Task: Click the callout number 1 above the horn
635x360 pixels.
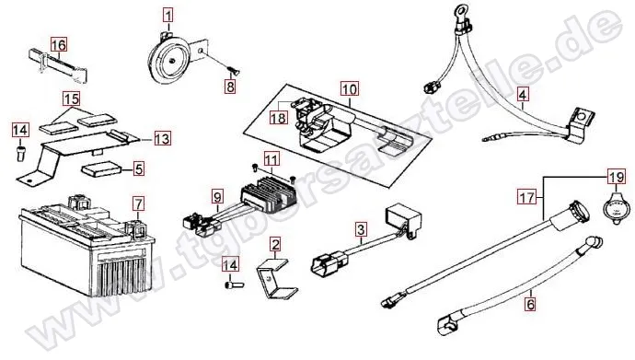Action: [168, 17]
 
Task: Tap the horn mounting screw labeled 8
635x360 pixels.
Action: [233, 72]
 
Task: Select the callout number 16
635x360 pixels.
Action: [58, 44]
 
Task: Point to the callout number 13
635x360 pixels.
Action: [162, 138]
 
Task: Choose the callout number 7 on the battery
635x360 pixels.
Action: [138, 203]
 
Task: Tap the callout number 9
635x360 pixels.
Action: [217, 197]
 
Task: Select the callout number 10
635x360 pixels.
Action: [350, 88]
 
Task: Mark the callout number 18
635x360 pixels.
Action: [279, 118]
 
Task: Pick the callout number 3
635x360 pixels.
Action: [361, 229]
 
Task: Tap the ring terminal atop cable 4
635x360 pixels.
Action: [461, 9]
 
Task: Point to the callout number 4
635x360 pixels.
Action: [523, 95]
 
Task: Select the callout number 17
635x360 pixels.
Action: [526, 198]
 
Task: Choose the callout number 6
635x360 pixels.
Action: [530, 303]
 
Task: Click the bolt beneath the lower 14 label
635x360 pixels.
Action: [233, 285]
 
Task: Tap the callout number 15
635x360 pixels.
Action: [71, 99]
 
